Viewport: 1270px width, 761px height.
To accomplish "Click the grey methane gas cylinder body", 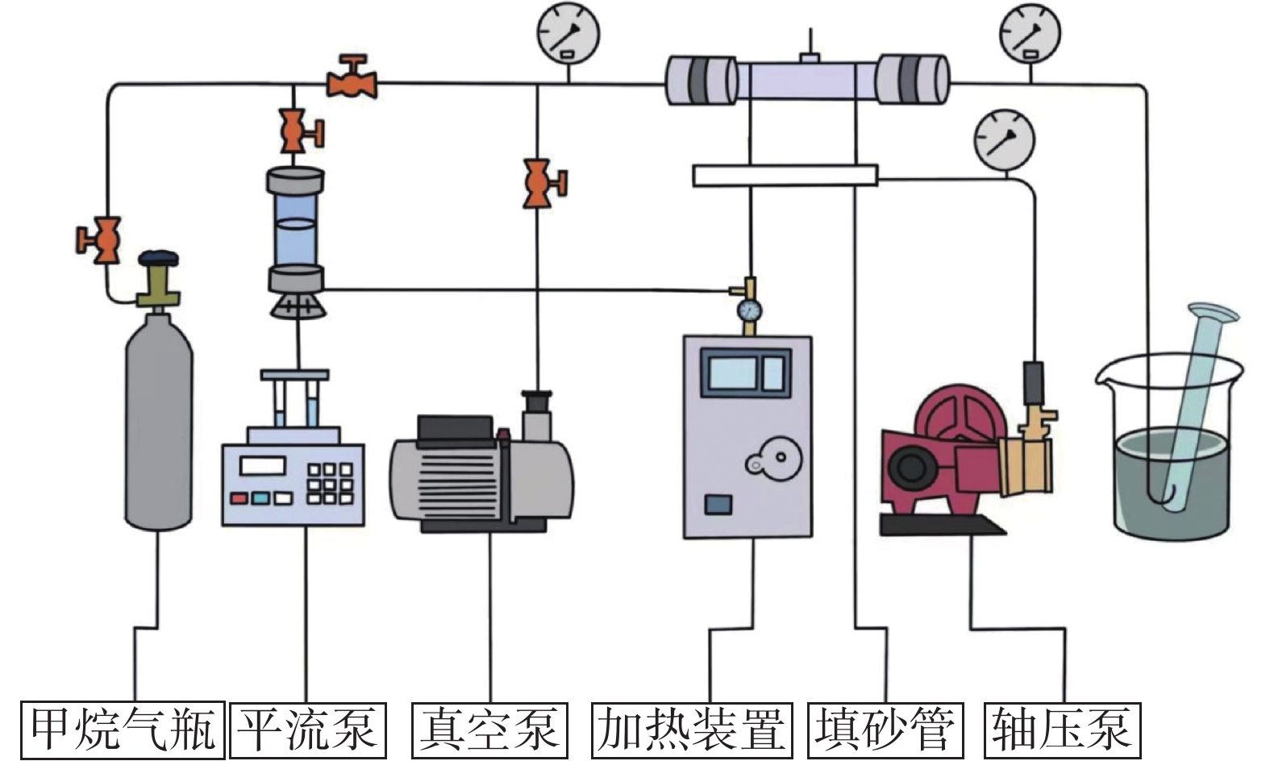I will [x=160, y=427].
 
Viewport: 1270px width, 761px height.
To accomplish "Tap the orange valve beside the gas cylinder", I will [x=99, y=239].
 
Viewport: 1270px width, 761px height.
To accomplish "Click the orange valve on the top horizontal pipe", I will [x=352, y=78].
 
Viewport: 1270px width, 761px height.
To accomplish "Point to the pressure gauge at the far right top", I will [x=1030, y=33].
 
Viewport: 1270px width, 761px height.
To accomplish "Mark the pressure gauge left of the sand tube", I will [x=568, y=33].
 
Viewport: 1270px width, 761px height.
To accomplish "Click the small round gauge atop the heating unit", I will [x=749, y=310].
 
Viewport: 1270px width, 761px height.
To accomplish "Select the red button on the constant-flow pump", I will [x=239, y=497].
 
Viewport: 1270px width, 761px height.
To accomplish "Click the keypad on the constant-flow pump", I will [x=330, y=483].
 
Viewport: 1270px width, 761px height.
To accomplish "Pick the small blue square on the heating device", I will [x=718, y=505].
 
